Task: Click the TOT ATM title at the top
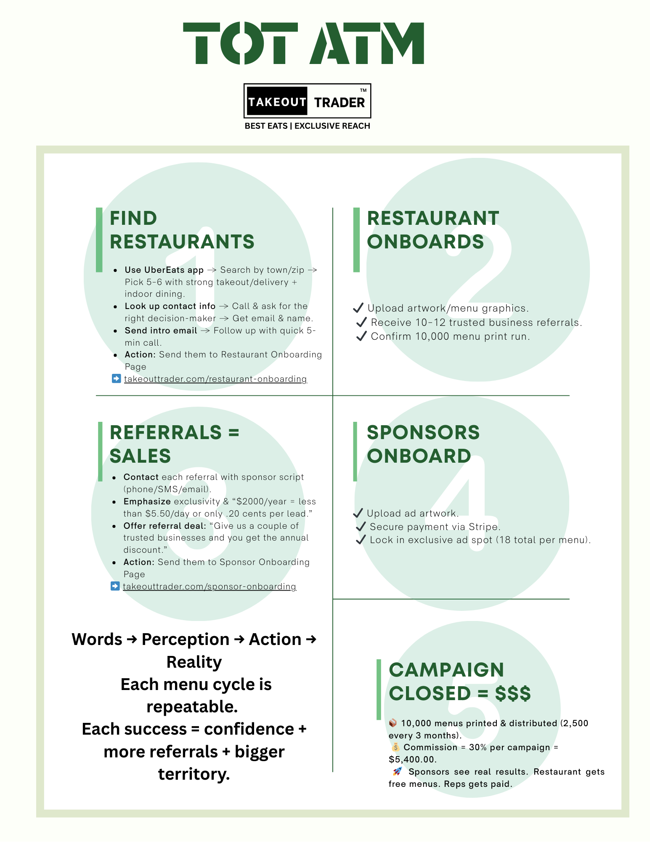point(303,43)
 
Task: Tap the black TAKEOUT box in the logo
point(277,101)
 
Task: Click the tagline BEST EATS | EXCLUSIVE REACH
point(307,126)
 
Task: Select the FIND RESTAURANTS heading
point(181,230)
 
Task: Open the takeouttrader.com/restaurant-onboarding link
point(215,379)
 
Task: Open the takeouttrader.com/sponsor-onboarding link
point(210,586)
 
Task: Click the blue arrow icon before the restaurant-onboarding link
point(116,378)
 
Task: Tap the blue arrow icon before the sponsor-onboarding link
point(115,586)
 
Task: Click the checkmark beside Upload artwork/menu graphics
point(358,308)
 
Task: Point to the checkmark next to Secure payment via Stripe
point(361,527)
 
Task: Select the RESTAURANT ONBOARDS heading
point(432,230)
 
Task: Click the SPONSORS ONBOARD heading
point(423,444)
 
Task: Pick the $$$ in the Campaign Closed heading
point(512,693)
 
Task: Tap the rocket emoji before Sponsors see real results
point(397,771)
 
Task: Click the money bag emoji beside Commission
point(395,747)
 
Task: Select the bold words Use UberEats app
point(164,270)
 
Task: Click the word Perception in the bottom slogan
point(186,639)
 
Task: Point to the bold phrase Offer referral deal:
point(164,526)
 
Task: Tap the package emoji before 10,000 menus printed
point(393,723)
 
